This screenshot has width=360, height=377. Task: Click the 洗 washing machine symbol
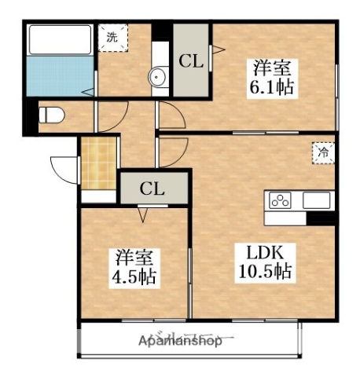112,36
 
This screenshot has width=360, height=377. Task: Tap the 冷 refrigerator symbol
322,153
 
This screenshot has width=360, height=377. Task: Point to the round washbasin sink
158,77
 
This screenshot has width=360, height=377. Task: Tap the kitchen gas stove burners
280,200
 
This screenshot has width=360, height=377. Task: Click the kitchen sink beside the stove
318,200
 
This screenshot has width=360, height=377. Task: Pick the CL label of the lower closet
152,188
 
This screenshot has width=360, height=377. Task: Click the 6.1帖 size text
273,86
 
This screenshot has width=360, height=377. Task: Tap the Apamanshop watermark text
180,342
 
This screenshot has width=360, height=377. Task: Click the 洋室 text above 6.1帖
272,67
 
